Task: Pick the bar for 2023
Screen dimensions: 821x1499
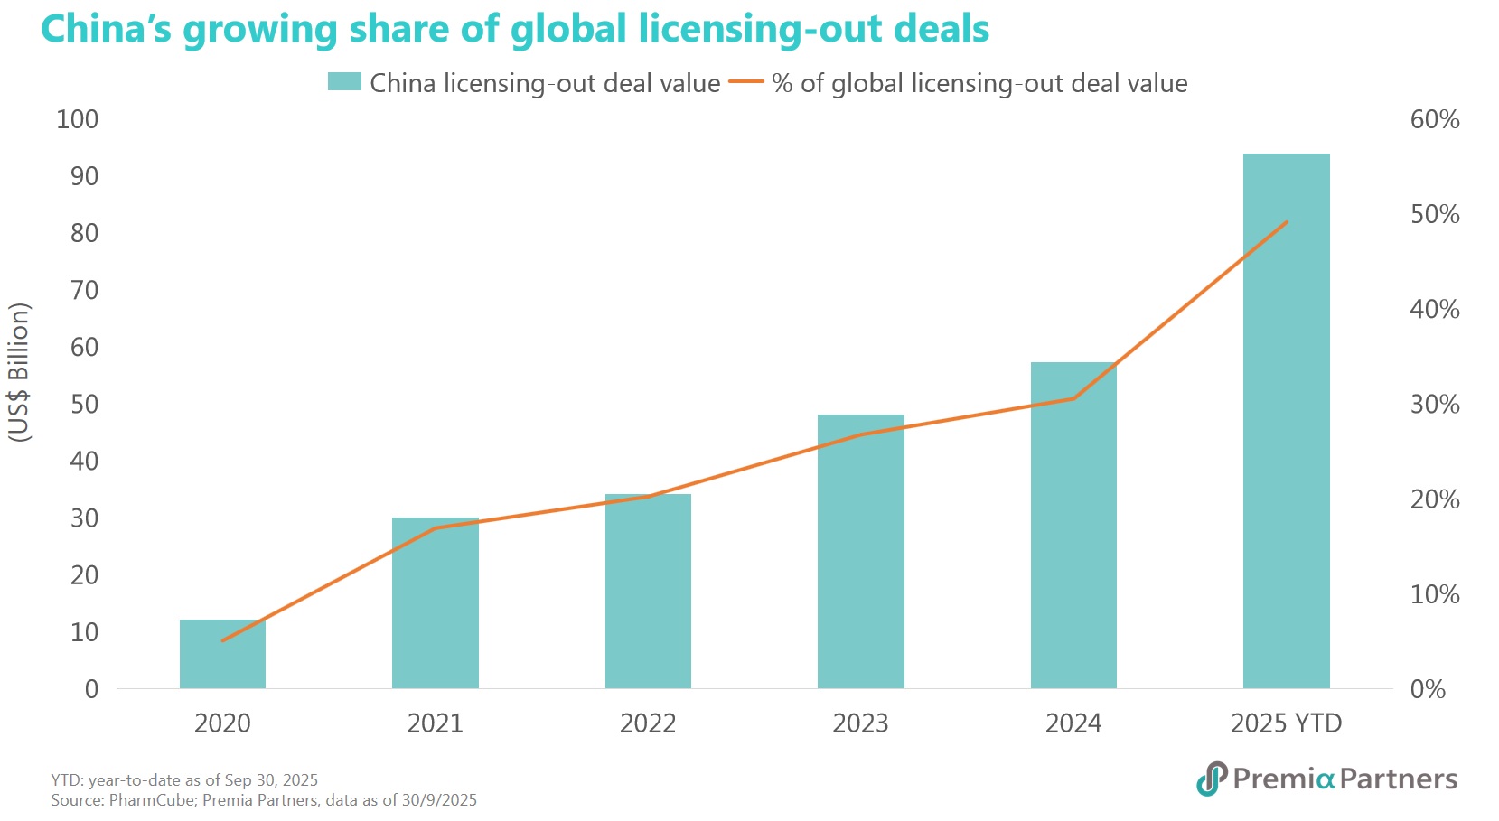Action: coord(860,551)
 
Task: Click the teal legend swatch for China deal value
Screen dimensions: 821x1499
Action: coord(344,82)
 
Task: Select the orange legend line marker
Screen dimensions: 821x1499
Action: coord(746,82)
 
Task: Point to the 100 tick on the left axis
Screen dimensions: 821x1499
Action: coord(78,119)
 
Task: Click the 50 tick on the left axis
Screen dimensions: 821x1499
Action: coord(84,404)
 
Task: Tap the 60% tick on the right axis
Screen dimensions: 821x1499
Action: coord(1435,119)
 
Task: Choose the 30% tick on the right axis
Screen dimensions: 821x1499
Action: coord(1435,404)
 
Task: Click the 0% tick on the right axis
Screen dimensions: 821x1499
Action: coord(1428,689)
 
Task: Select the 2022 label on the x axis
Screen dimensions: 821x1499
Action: coord(648,723)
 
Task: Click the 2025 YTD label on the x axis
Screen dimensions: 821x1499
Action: coord(1286,723)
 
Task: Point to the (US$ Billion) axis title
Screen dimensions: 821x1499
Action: coord(19,372)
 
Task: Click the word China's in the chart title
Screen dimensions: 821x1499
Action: coord(106,29)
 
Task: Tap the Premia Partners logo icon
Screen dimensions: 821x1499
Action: coord(1212,779)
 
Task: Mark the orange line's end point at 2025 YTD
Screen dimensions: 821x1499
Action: coord(1286,222)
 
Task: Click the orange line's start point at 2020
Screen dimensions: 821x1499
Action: coord(222,640)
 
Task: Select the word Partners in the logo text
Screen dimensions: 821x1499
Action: coord(1398,779)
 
